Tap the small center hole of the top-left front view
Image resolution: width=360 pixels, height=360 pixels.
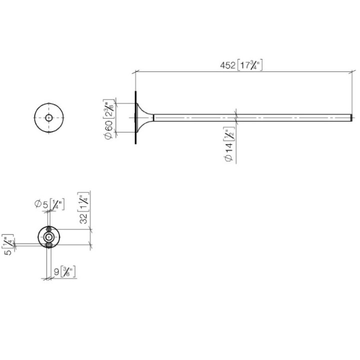pyautogui.click(x=48, y=118)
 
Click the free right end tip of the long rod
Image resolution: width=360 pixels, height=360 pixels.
pyautogui.click(x=352, y=118)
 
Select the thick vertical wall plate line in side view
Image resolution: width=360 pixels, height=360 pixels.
pyautogui.click(x=135, y=118)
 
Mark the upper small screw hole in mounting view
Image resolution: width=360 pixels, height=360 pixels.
pyautogui.click(x=48, y=229)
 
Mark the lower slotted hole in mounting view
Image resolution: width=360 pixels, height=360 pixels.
pyautogui.click(x=48, y=245)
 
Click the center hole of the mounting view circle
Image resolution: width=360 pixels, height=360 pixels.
pyautogui.click(x=48, y=237)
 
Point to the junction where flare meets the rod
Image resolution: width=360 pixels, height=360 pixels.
pyautogui.click(x=153, y=118)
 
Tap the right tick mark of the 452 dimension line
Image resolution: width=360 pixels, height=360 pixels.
pyautogui.click(x=352, y=72)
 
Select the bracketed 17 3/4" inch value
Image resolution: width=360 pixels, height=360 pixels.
pyautogui.click(x=250, y=66)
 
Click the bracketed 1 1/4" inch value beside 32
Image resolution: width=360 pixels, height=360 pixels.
pyautogui.click(x=83, y=200)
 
